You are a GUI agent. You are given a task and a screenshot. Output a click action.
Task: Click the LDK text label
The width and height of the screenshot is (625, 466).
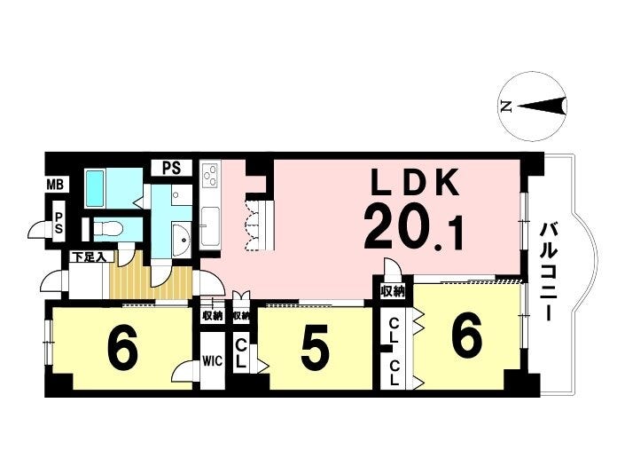pos(413,182)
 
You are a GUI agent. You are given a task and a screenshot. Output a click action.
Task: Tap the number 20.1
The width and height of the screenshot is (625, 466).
pos(414,233)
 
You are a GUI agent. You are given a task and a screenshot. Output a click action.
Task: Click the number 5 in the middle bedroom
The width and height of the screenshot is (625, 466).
pos(316,347)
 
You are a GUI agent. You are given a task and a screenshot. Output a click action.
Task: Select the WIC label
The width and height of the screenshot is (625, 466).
pos(213,360)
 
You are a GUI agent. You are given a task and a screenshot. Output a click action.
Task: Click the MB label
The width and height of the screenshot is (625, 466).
pos(55,185)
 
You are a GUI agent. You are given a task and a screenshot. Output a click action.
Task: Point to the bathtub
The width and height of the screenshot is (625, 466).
pos(95,188)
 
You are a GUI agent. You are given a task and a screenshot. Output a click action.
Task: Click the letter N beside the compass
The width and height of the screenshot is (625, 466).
pos(506,107)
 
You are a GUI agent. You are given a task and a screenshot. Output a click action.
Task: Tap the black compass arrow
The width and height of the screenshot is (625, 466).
pos(542,107)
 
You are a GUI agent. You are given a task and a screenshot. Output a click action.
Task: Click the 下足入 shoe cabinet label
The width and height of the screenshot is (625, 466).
pos(88,257)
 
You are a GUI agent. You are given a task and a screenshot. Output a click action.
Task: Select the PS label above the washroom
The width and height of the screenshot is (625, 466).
pos(172,168)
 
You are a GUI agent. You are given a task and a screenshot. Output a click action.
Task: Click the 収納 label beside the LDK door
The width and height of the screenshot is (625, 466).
pos(392,292)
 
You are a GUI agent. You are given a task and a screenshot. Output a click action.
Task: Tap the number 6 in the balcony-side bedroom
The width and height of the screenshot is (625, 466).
pos(466,336)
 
